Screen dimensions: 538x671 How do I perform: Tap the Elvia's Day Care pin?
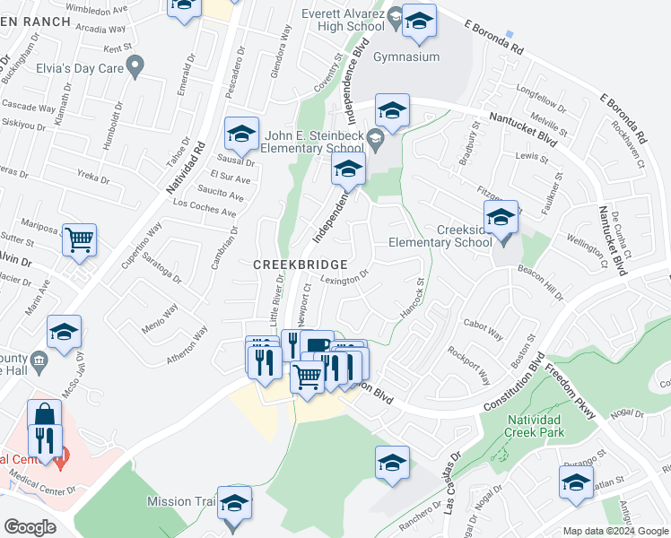tap(136, 65)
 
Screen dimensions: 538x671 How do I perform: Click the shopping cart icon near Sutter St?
tap(79, 239)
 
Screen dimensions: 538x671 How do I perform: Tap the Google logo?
tap(29, 526)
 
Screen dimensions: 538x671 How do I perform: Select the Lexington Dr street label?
tap(344, 279)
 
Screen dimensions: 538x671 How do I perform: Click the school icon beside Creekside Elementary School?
tap(501, 216)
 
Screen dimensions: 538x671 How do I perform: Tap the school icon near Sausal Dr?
tap(241, 134)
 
